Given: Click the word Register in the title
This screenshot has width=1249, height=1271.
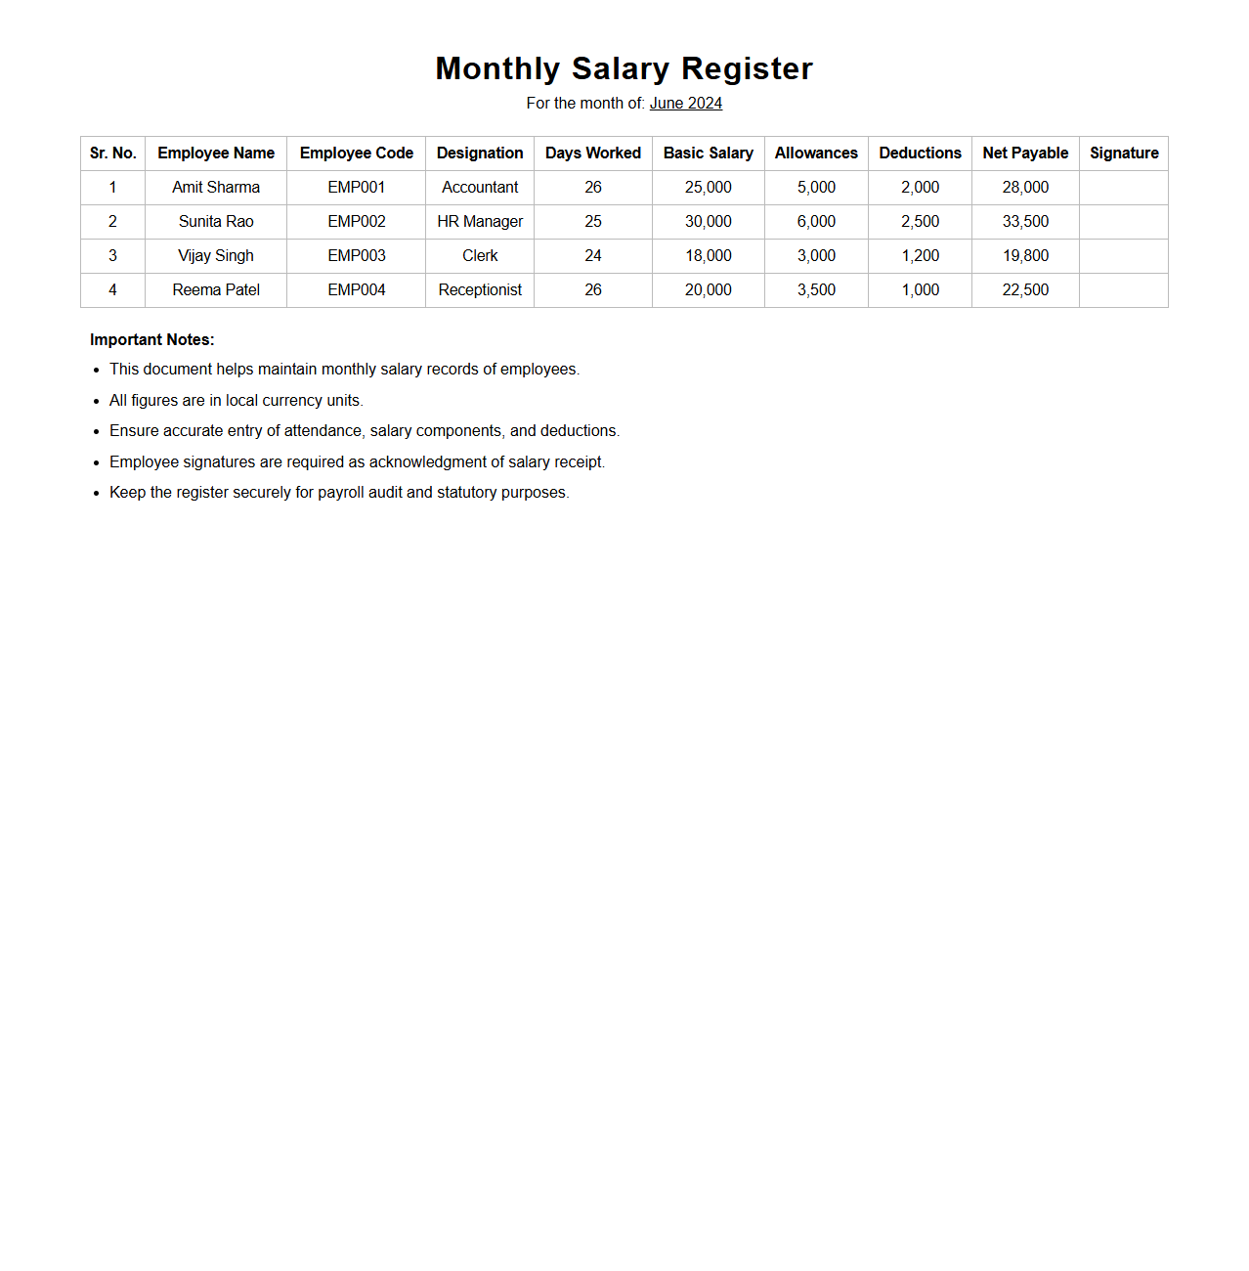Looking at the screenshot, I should click(x=747, y=68).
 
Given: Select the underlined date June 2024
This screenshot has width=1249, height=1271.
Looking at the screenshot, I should click(x=685, y=104).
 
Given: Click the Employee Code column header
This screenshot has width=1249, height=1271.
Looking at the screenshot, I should click(x=356, y=153).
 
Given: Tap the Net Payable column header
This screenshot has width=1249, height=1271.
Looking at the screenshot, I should click(x=1025, y=153).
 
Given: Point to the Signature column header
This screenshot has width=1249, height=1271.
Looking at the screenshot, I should click(x=1124, y=153).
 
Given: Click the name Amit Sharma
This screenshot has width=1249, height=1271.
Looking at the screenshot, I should click(x=216, y=188).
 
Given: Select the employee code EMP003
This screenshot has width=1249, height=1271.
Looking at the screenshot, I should click(x=356, y=256).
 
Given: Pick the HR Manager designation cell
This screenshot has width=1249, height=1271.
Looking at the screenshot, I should click(x=480, y=222).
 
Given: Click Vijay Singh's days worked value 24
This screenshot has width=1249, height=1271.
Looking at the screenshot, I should click(x=593, y=256).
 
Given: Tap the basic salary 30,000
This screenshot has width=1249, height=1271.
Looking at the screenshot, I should click(x=708, y=222).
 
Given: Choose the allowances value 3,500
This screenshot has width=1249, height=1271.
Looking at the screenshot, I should click(x=816, y=290).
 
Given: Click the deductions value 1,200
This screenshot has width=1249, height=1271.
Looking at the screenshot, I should click(x=920, y=256).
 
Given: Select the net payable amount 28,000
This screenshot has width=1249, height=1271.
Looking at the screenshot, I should click(x=1025, y=188).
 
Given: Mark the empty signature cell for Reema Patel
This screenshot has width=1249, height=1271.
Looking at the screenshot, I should click(x=1124, y=290).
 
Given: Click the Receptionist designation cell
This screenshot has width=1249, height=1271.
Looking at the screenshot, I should click(x=480, y=290).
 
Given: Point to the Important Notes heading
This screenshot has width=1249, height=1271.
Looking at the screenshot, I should click(x=151, y=340).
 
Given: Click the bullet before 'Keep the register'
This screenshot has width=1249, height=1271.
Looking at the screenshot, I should click(x=96, y=494).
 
